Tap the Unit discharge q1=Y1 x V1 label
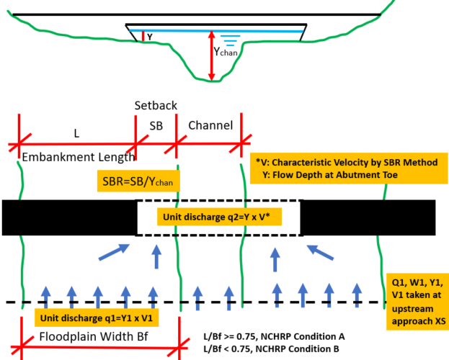pos(97,318)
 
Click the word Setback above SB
pos(155,104)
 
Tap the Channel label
pos(210,125)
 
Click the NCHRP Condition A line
pos(275,336)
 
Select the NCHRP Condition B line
pos(275,349)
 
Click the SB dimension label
pos(156,125)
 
